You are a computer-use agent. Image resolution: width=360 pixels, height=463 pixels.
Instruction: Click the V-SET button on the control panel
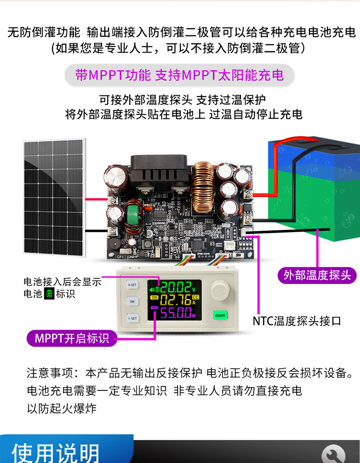pos(132,284)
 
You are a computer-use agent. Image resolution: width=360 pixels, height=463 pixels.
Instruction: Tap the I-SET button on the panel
pos(132,318)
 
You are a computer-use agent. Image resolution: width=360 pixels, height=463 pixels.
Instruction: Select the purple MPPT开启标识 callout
pos(72,338)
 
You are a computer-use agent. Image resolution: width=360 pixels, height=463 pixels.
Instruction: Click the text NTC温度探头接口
pos(297,321)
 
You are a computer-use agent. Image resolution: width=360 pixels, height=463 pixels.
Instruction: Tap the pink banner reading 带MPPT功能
pos(180,75)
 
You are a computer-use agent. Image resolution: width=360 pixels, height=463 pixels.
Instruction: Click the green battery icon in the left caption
pos(49,294)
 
